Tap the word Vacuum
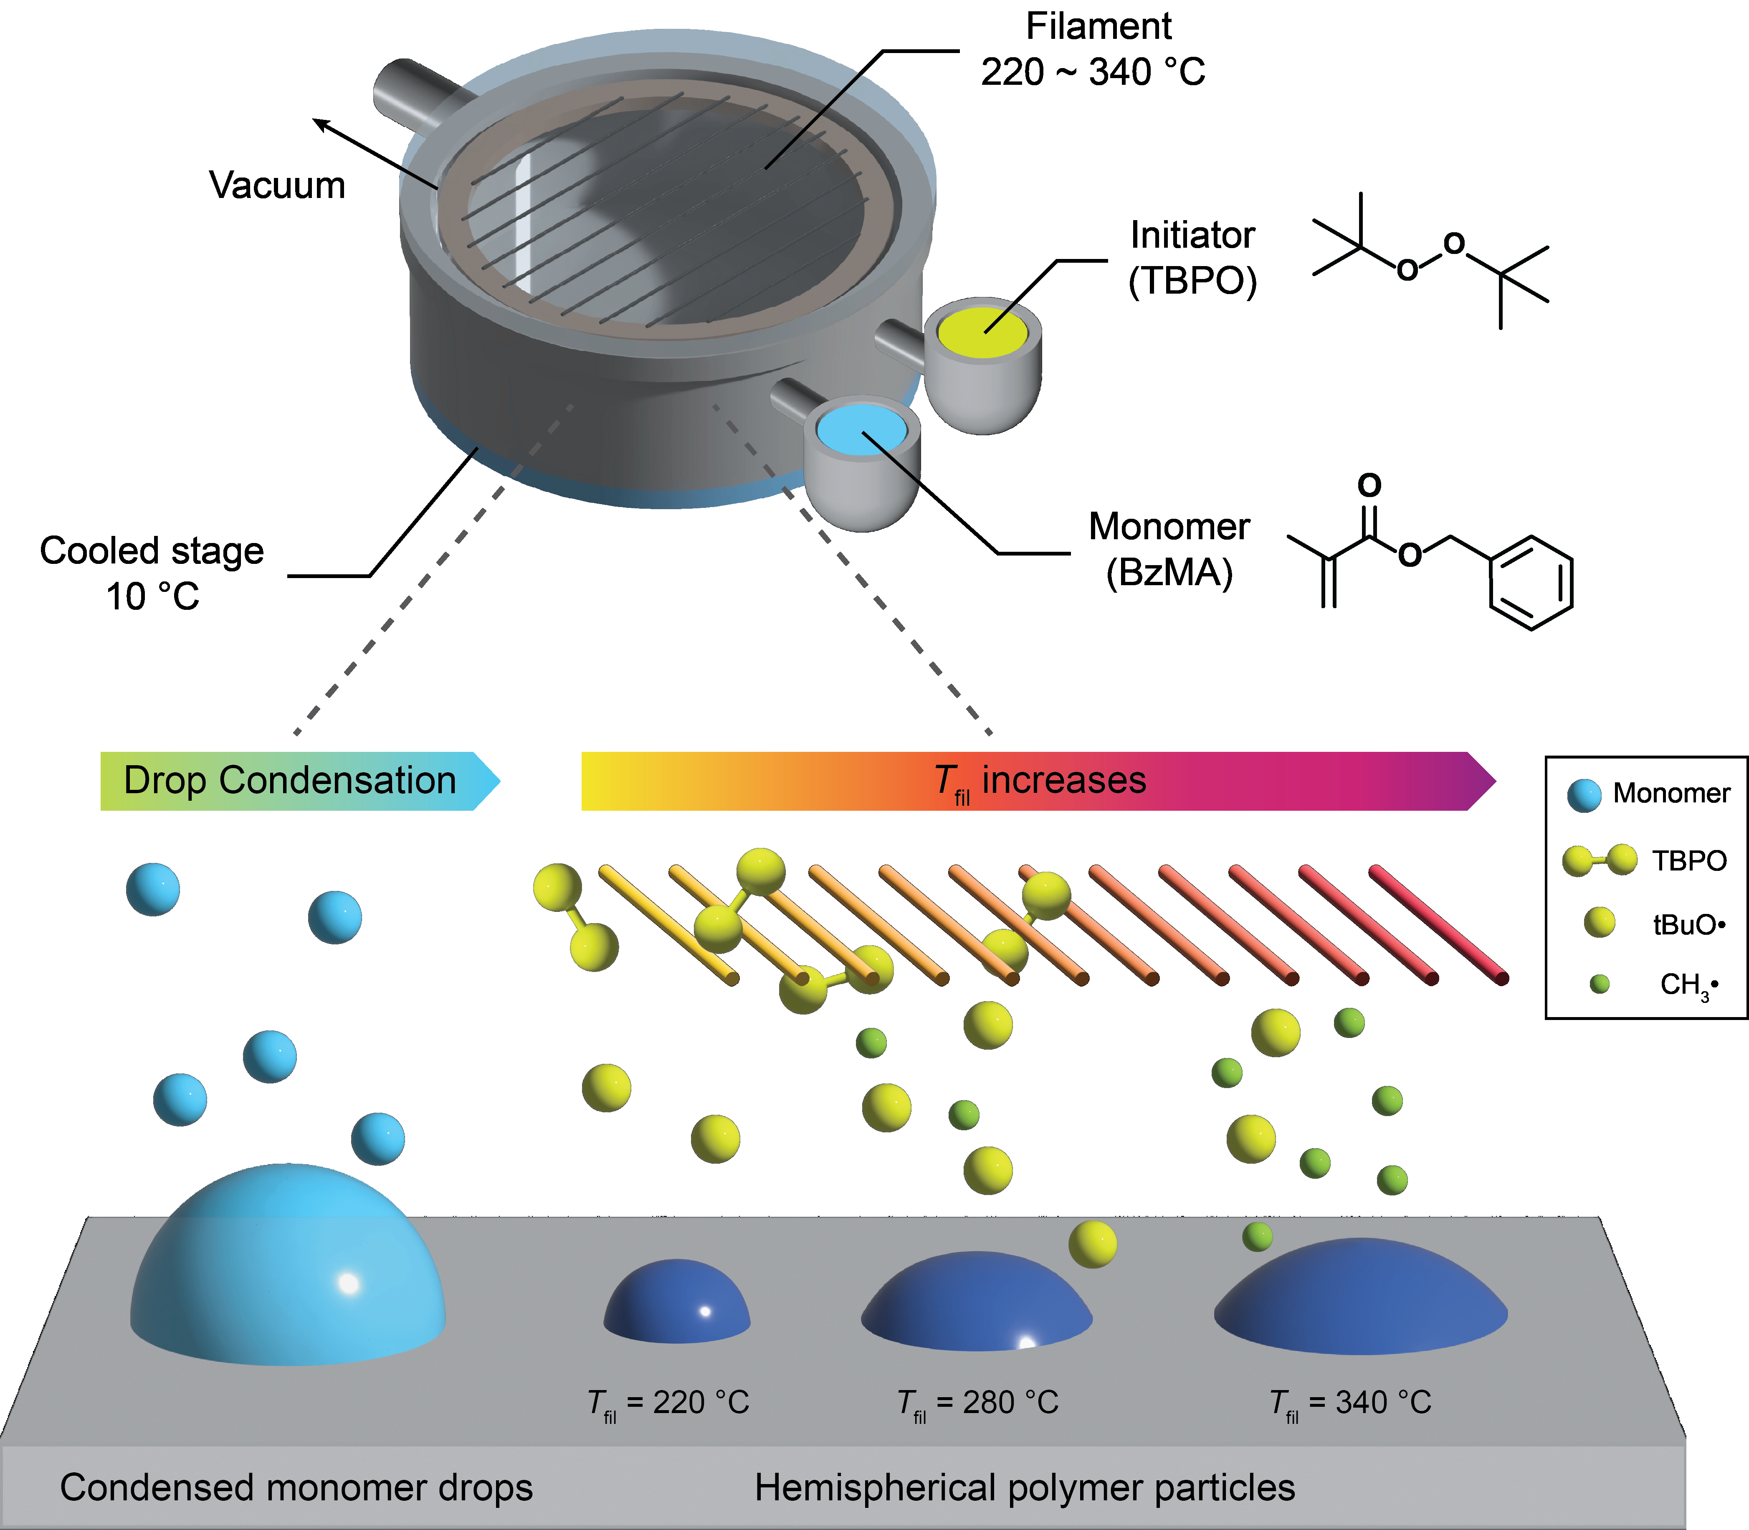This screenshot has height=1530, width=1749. [x=277, y=185]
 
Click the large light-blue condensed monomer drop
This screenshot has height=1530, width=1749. [x=288, y=1264]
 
